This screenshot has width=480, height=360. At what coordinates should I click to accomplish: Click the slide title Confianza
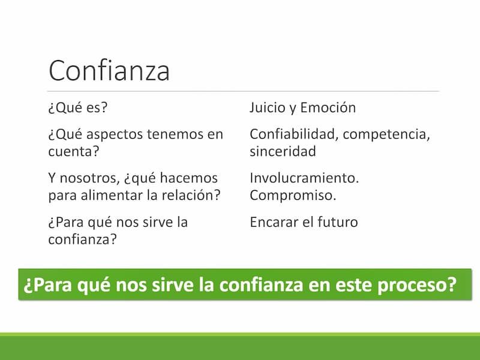(109, 71)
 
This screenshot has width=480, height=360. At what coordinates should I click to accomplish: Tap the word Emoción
(328, 107)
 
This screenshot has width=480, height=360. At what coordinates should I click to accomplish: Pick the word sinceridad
(283, 151)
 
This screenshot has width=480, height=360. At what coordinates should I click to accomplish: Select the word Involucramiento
(304, 178)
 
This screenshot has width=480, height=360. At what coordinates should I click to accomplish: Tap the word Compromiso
(293, 196)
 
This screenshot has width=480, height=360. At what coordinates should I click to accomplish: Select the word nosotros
(88, 178)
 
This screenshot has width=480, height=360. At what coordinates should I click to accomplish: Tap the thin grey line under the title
(243, 91)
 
